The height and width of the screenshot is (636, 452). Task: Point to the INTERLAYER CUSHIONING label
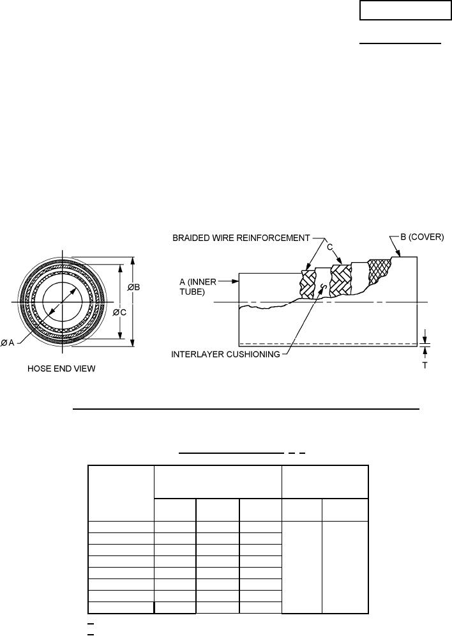coord(225,355)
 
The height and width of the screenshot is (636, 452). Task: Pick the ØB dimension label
coord(134,287)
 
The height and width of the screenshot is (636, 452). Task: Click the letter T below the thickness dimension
coord(425,368)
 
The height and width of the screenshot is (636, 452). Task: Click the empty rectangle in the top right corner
coord(405,11)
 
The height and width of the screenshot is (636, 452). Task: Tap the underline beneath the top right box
coord(399,43)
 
